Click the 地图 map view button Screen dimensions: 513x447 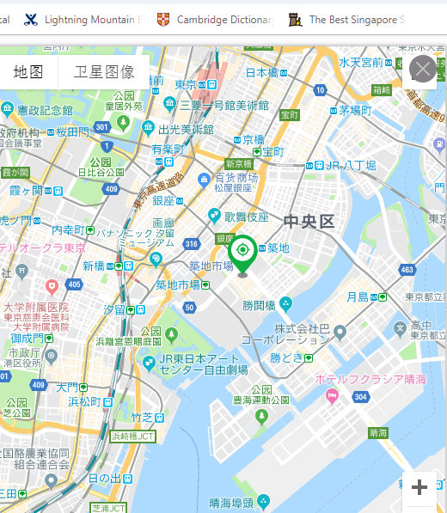[x=28, y=71]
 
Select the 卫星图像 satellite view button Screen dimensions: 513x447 [x=104, y=71]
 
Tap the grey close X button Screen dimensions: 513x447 [x=422, y=69]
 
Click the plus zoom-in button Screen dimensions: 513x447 [x=419, y=488]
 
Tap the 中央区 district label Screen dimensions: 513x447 [x=309, y=221]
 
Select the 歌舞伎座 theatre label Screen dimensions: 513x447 [x=247, y=217]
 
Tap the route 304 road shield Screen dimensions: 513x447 [x=361, y=397]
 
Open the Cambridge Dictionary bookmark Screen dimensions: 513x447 [x=224, y=18]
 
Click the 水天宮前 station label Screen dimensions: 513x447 [x=360, y=63]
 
